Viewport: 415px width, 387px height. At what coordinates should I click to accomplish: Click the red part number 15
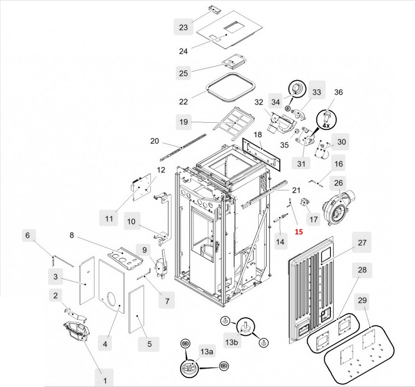[299, 232]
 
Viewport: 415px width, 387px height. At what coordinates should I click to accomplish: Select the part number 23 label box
[183, 27]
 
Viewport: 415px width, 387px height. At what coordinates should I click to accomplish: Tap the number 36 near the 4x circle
[338, 93]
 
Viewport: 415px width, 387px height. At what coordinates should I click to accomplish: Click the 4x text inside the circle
[326, 125]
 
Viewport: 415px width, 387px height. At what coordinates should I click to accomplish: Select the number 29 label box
[362, 301]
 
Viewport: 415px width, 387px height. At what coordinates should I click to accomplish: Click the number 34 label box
[276, 102]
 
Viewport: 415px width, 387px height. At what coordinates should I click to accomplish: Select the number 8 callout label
[71, 235]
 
